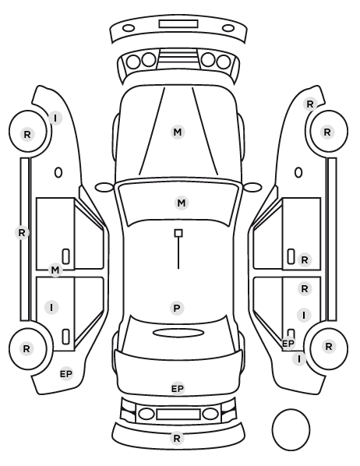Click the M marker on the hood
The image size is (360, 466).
pyautogui.click(x=178, y=132)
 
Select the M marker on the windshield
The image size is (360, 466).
pyautogui.click(x=182, y=203)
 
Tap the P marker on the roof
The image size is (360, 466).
pyautogui.click(x=177, y=308)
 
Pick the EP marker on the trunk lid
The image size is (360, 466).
pyautogui.click(x=178, y=388)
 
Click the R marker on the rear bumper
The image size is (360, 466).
pyautogui.click(x=177, y=438)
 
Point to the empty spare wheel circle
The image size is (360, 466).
pyautogui.click(x=291, y=429)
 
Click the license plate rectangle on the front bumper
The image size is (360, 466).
pyautogui.click(x=178, y=24)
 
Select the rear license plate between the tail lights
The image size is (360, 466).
pyautogui.click(x=178, y=415)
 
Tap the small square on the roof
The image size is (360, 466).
pyautogui.click(x=178, y=233)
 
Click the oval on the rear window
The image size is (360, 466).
pyautogui.click(x=178, y=334)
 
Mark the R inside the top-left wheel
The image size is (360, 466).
pyautogui.click(x=27, y=134)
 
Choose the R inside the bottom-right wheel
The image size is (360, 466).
pyautogui.click(x=329, y=346)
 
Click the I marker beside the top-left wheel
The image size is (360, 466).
pyautogui.click(x=55, y=118)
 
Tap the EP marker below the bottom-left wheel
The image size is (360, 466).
pyautogui.click(x=66, y=374)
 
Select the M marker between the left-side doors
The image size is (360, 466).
pyautogui.click(x=55, y=270)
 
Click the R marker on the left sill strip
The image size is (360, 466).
pyautogui.click(x=22, y=233)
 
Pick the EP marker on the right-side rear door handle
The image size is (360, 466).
pyautogui.click(x=288, y=344)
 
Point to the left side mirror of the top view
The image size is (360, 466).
pyautogui.click(x=104, y=187)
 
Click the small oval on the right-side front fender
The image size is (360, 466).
pyautogui.click(x=298, y=172)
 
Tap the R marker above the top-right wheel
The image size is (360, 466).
pyautogui.click(x=310, y=104)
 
